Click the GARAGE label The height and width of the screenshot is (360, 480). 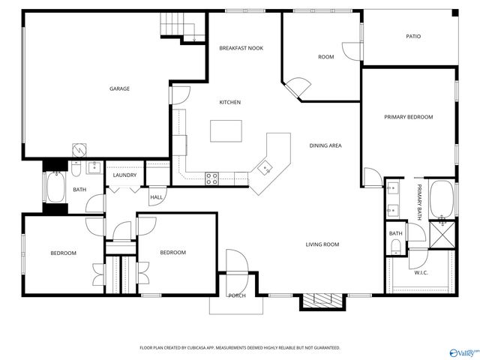119,88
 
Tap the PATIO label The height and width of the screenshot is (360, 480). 413,36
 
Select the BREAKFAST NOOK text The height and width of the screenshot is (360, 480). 241,48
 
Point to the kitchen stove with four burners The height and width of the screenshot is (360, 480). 211,178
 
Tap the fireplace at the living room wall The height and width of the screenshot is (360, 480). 319,301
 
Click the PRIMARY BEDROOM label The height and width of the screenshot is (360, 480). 409,117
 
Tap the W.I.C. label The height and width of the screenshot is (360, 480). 421,272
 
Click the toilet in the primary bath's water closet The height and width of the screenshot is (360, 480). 396,248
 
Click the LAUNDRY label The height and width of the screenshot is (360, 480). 124,175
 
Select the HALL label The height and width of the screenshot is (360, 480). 157,197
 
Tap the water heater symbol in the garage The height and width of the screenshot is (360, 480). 78,149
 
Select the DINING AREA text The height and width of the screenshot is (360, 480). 325,145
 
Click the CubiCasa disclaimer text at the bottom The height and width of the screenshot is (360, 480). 240,347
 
